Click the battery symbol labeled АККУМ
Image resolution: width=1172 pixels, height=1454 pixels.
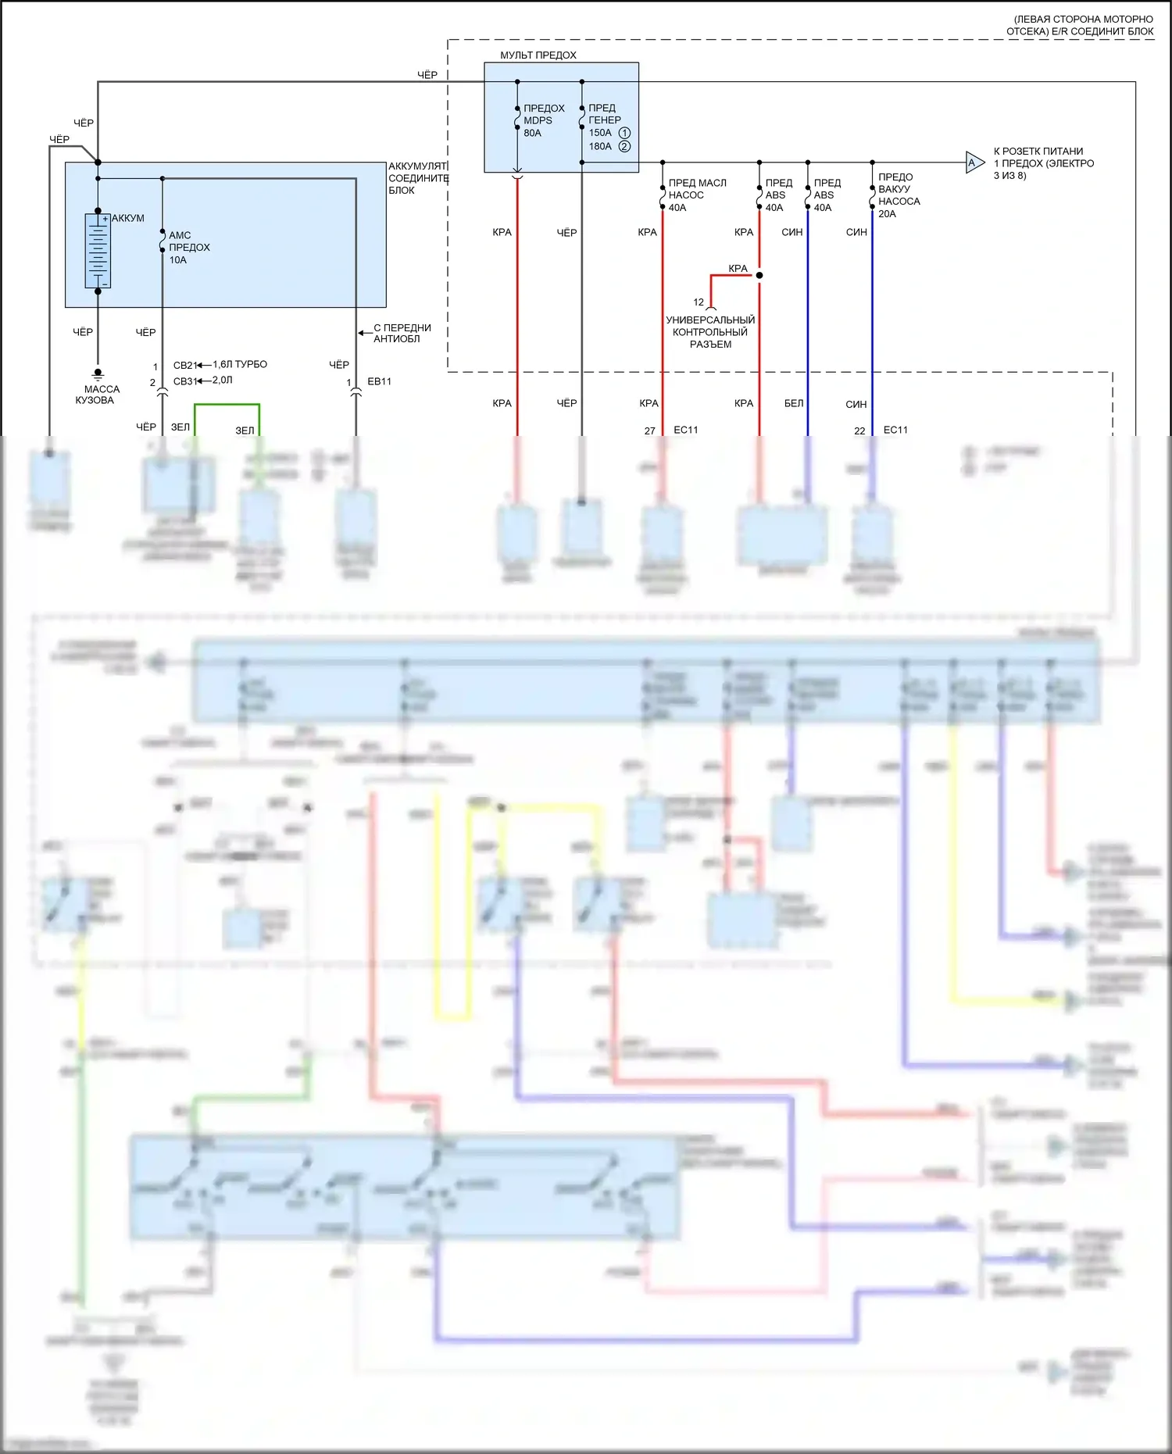98,250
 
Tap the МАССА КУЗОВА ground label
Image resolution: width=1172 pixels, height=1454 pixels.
97,395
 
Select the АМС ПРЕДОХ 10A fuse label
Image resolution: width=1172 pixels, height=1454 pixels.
188,247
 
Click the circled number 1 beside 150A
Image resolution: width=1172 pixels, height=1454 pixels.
624,133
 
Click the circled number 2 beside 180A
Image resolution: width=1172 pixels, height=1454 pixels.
624,146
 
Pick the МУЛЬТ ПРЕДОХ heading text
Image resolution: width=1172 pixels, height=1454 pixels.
538,55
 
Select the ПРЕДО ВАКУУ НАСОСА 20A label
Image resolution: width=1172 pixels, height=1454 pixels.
898,195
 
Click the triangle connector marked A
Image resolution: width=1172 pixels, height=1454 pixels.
974,163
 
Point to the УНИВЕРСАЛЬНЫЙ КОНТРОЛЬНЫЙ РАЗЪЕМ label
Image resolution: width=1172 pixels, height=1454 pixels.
710,332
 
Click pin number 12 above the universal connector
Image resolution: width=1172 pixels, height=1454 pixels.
699,302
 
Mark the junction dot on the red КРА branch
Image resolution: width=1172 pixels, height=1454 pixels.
759,275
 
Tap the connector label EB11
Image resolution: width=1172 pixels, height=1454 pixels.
379,381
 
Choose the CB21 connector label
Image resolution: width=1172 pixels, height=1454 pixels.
184,365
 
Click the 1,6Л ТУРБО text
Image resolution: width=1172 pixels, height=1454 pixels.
240,364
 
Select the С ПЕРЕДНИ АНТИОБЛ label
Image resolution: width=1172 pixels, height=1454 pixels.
402,333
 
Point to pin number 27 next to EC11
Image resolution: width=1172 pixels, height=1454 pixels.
649,430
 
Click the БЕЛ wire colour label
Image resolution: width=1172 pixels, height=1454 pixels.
793,403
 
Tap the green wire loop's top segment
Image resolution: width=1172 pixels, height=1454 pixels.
227,405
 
